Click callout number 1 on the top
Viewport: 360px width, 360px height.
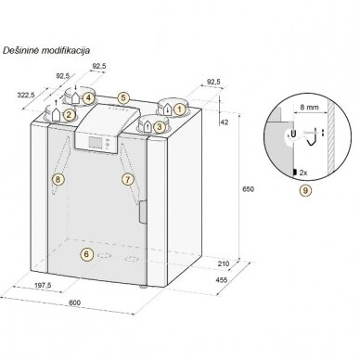click(x=179, y=109)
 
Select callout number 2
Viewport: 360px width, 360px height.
click(x=69, y=115)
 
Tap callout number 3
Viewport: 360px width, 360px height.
click(x=160, y=126)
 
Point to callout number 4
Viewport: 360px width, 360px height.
click(x=88, y=98)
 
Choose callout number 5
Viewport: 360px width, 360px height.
click(x=123, y=98)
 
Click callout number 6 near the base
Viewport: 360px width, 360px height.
click(x=86, y=254)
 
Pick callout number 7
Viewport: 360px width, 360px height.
click(x=128, y=179)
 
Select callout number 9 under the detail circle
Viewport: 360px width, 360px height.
click(x=305, y=190)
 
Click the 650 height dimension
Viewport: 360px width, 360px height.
click(x=249, y=189)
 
